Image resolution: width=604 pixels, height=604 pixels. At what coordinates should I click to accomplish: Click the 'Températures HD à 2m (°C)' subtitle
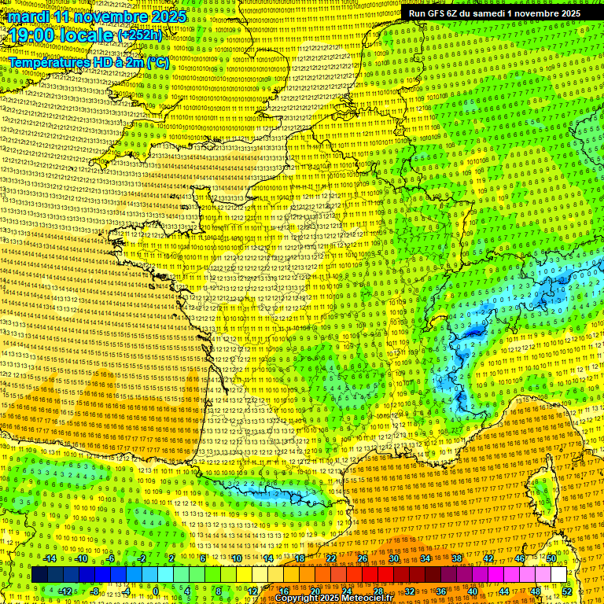(x=88, y=62)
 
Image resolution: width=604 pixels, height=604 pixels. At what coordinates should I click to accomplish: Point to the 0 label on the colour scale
(x=156, y=591)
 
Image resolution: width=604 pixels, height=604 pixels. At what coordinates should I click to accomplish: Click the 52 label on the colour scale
(x=567, y=591)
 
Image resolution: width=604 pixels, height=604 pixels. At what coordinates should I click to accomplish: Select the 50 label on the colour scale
(x=551, y=558)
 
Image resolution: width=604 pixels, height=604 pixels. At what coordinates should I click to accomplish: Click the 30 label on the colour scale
(x=393, y=558)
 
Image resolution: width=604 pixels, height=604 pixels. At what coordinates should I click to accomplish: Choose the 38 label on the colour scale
(x=456, y=558)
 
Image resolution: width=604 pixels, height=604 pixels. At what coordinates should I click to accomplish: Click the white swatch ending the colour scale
(x=558, y=575)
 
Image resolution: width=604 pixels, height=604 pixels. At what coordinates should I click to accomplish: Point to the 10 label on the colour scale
(x=236, y=558)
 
